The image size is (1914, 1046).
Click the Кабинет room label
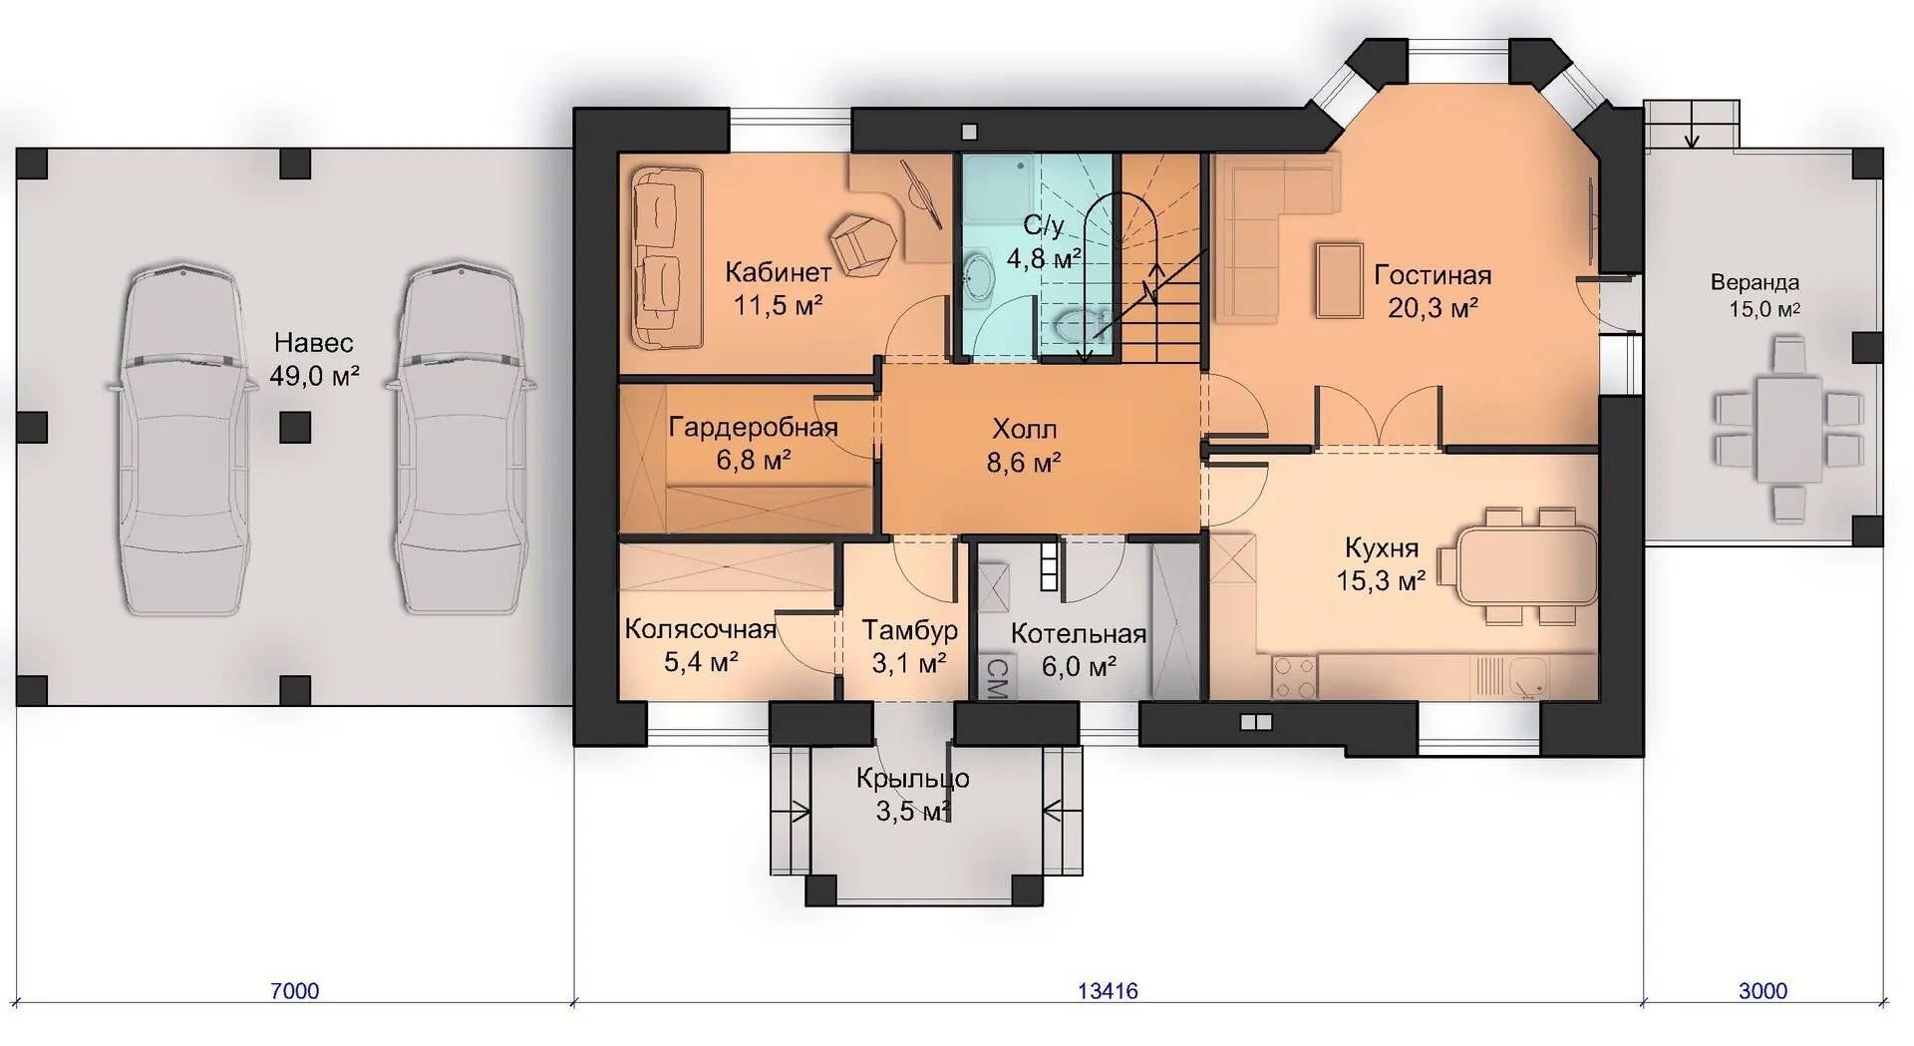point(778,272)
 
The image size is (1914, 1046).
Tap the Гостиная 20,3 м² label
point(1433,290)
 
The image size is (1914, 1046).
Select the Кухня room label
point(1382,547)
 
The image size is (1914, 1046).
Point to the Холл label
point(1024,430)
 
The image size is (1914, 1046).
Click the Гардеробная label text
point(753,428)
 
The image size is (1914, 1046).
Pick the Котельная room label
point(1079,634)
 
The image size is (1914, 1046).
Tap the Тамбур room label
point(909,630)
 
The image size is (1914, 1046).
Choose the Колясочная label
point(700,629)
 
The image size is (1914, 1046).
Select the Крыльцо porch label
point(912,778)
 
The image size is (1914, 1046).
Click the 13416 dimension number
point(1108,991)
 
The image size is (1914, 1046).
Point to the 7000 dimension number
point(295,991)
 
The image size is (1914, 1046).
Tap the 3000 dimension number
point(1762,991)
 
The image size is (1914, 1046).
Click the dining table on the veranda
point(1788,430)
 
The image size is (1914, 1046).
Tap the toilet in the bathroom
point(1078,323)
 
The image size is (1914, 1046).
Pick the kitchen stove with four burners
point(1294,677)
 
